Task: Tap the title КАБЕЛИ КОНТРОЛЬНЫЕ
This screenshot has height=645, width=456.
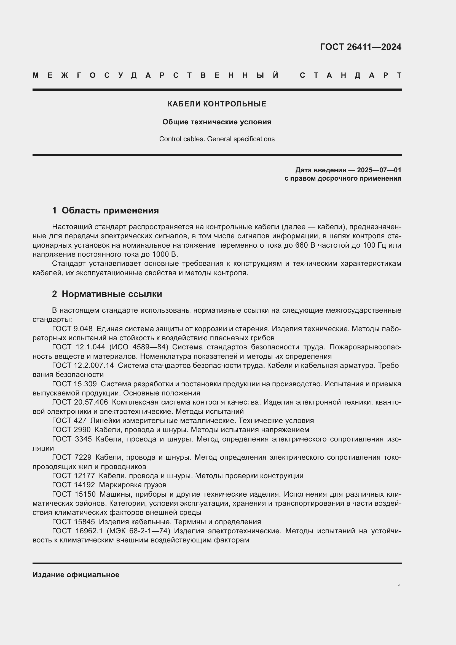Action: [x=217, y=104]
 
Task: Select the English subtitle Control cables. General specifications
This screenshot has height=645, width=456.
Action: [x=217, y=139]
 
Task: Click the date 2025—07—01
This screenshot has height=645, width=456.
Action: [x=379, y=170]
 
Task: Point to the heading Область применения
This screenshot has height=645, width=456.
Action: [x=110, y=210]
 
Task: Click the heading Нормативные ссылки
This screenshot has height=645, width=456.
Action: [x=112, y=294]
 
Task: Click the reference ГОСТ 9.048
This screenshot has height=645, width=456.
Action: [x=72, y=329]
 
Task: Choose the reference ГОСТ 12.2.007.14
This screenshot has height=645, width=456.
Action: [x=83, y=365]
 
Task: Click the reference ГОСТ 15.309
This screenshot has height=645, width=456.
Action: [x=74, y=384]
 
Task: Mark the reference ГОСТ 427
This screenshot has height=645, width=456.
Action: [x=69, y=421]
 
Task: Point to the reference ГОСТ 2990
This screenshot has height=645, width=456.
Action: [x=71, y=430]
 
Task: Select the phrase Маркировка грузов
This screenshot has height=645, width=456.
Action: [x=133, y=485]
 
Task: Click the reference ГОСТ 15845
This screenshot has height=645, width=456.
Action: [x=73, y=522]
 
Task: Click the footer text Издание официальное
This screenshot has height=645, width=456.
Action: [x=76, y=575]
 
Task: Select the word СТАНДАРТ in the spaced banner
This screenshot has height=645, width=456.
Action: [x=351, y=75]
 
